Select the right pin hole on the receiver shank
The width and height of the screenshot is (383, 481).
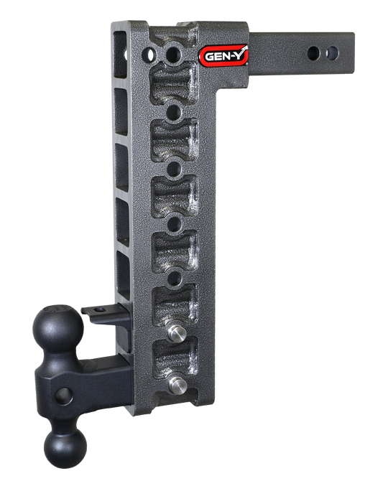point(331,52)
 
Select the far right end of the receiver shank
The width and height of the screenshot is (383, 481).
point(354,52)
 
